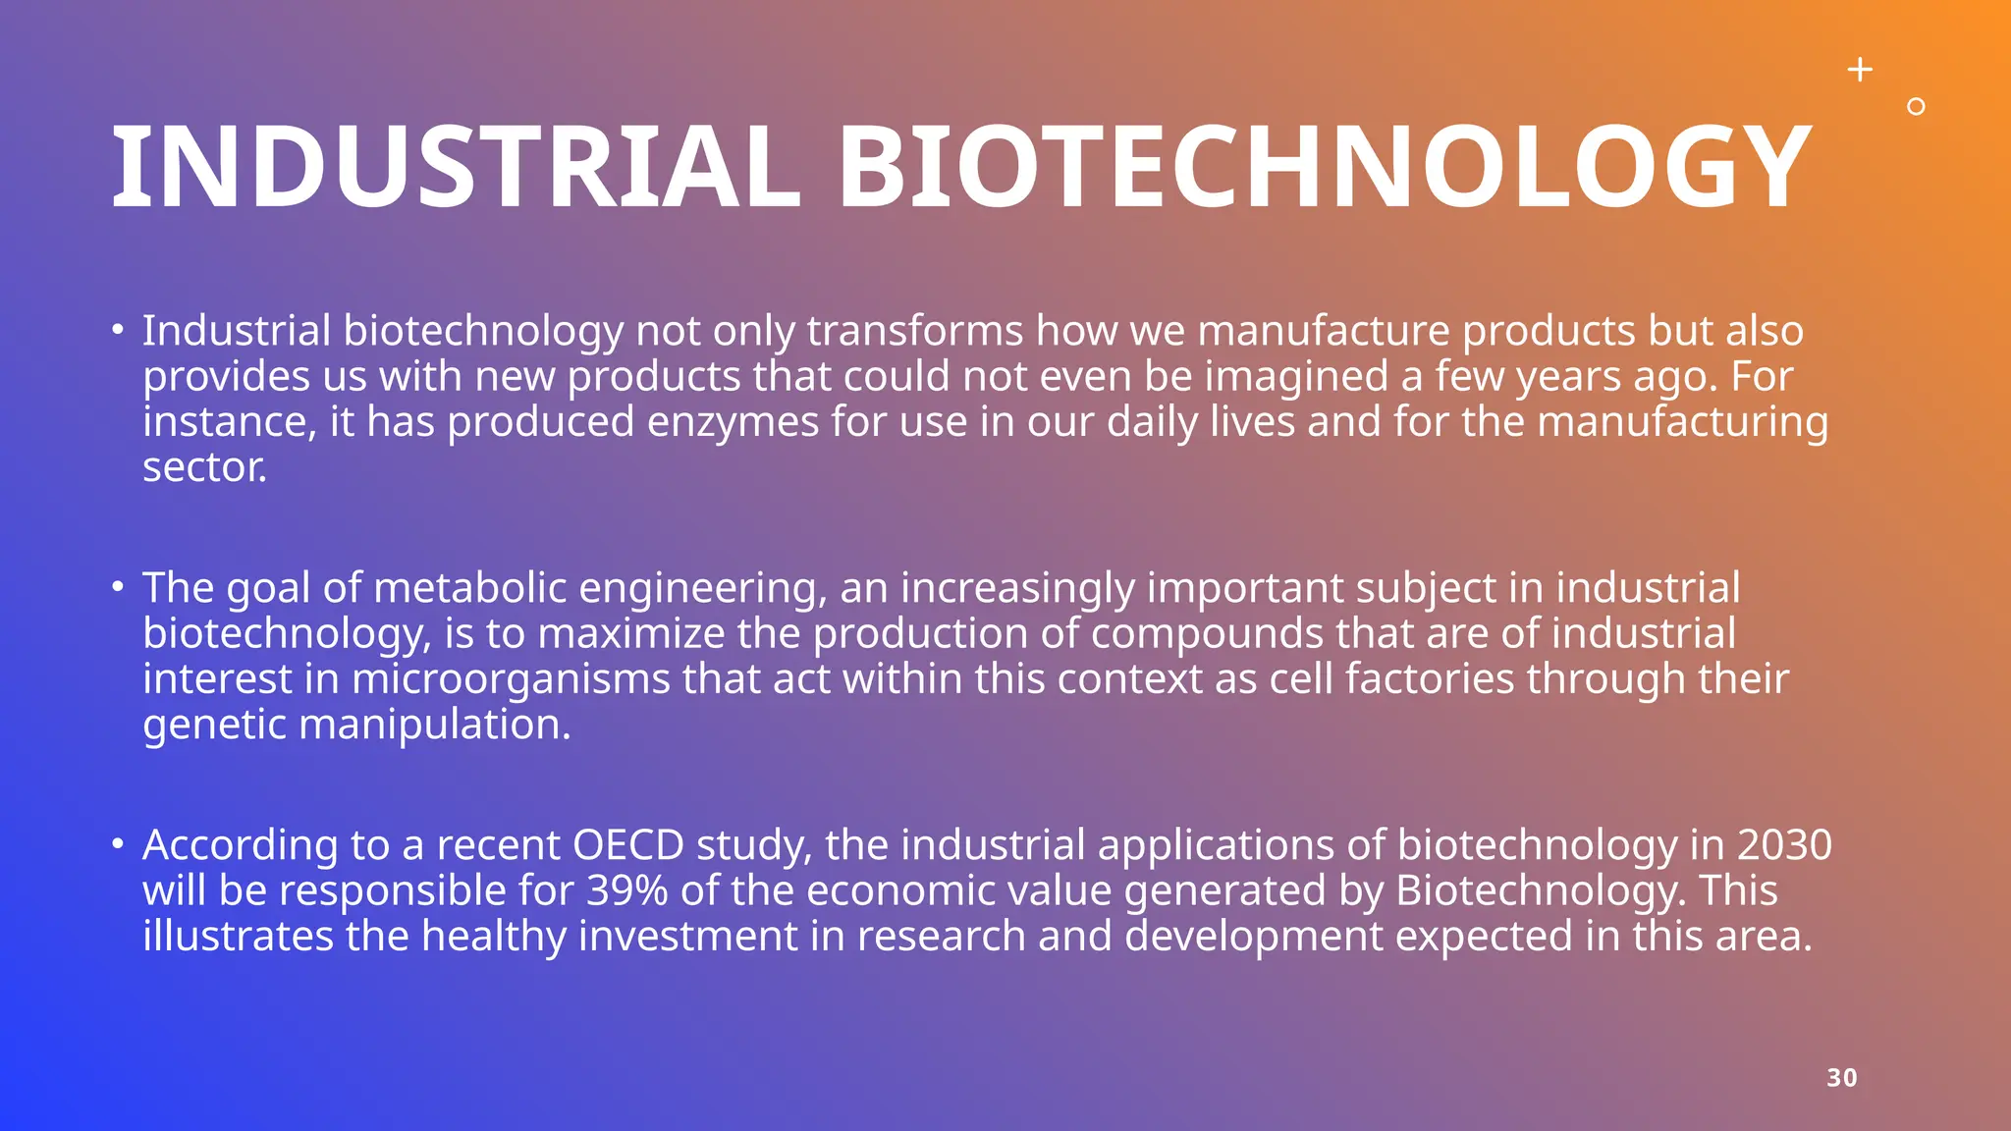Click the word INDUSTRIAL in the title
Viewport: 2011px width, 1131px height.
tap(456, 168)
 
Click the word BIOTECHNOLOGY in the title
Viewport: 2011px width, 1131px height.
tap(1324, 168)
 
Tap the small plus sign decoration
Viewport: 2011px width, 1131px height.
tap(1860, 70)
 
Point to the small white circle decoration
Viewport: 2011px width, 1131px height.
tap(1916, 107)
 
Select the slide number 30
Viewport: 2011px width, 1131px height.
tap(1842, 1078)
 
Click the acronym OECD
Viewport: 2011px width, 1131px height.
tap(628, 845)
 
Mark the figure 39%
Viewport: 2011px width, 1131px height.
tap(627, 890)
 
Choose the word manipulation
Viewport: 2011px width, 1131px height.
tap(434, 725)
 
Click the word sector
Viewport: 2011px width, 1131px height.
tap(204, 467)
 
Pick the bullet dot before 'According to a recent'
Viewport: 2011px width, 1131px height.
tap(118, 844)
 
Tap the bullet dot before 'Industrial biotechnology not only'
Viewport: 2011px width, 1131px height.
tap(118, 331)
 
